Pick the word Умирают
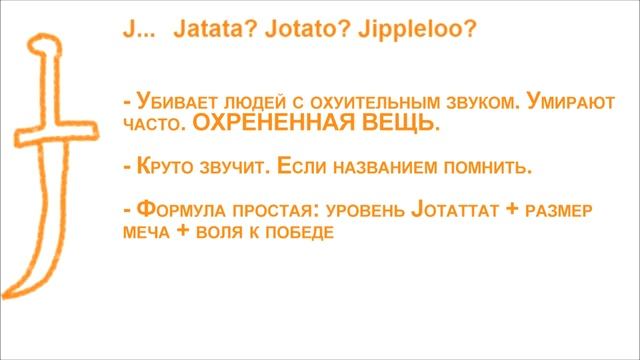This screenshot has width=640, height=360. [567, 103]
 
